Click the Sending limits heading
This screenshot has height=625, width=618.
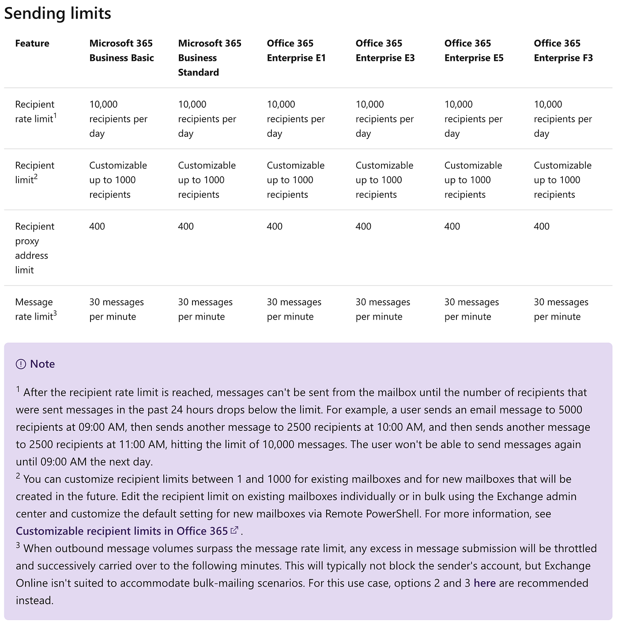57,13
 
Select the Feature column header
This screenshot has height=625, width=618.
32,43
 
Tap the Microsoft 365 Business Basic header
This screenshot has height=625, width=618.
121,50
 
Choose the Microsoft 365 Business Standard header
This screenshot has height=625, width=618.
210,57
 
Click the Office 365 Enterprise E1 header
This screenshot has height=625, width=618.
296,50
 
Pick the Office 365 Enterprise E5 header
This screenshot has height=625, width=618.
474,50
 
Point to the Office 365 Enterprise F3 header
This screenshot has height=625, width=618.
563,50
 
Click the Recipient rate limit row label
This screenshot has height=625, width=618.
35,111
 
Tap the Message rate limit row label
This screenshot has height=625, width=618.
35,309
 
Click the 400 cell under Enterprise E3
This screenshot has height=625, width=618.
363,226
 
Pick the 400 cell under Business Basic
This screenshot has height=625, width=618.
97,226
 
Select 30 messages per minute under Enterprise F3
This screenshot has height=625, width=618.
561,309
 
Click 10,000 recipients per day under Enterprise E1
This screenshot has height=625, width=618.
296,119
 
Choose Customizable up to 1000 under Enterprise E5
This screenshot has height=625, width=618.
473,180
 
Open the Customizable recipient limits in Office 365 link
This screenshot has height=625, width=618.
122,531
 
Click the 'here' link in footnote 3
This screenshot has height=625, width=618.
484,583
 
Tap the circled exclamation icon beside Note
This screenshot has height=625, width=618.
21,364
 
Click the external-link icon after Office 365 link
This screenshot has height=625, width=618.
234,530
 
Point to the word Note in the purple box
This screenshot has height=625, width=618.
42,364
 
